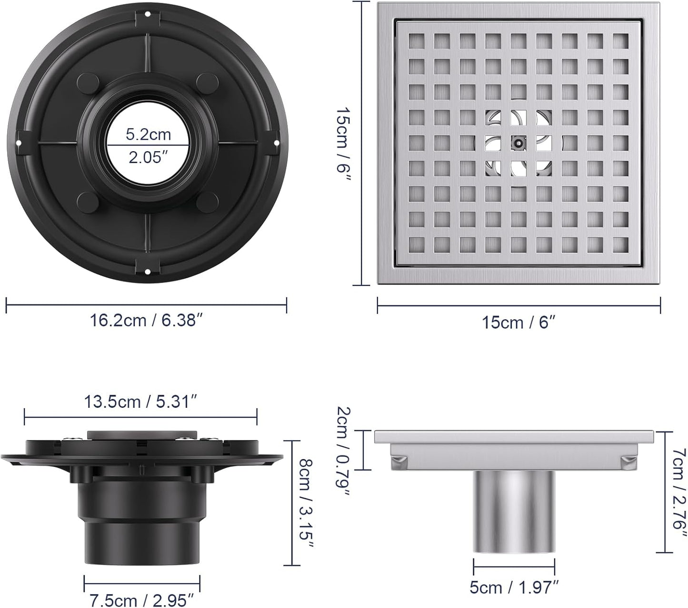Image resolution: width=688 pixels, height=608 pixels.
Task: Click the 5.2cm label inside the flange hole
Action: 148,135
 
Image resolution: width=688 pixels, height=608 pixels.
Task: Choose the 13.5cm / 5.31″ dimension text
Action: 140,402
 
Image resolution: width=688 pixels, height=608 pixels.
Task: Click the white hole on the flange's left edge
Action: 18,142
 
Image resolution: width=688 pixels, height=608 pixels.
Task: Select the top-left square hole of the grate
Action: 416,41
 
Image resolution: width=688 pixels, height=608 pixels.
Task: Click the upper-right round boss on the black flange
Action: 206,81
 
